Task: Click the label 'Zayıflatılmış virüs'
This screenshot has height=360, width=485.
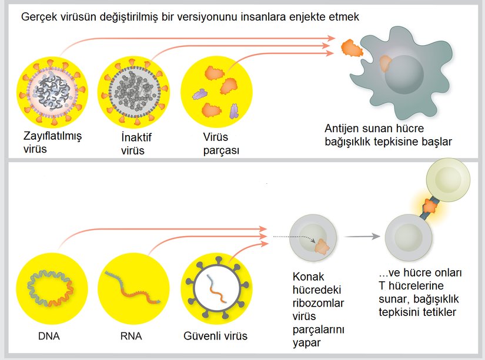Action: click(52, 142)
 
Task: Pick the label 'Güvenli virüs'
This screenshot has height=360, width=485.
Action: click(215, 337)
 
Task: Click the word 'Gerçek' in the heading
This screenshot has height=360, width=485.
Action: click(38, 17)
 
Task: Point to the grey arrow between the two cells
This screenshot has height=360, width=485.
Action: click(362, 237)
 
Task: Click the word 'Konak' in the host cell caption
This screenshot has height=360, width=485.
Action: click(308, 277)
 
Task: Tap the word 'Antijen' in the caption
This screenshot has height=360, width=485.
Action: click(343, 129)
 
